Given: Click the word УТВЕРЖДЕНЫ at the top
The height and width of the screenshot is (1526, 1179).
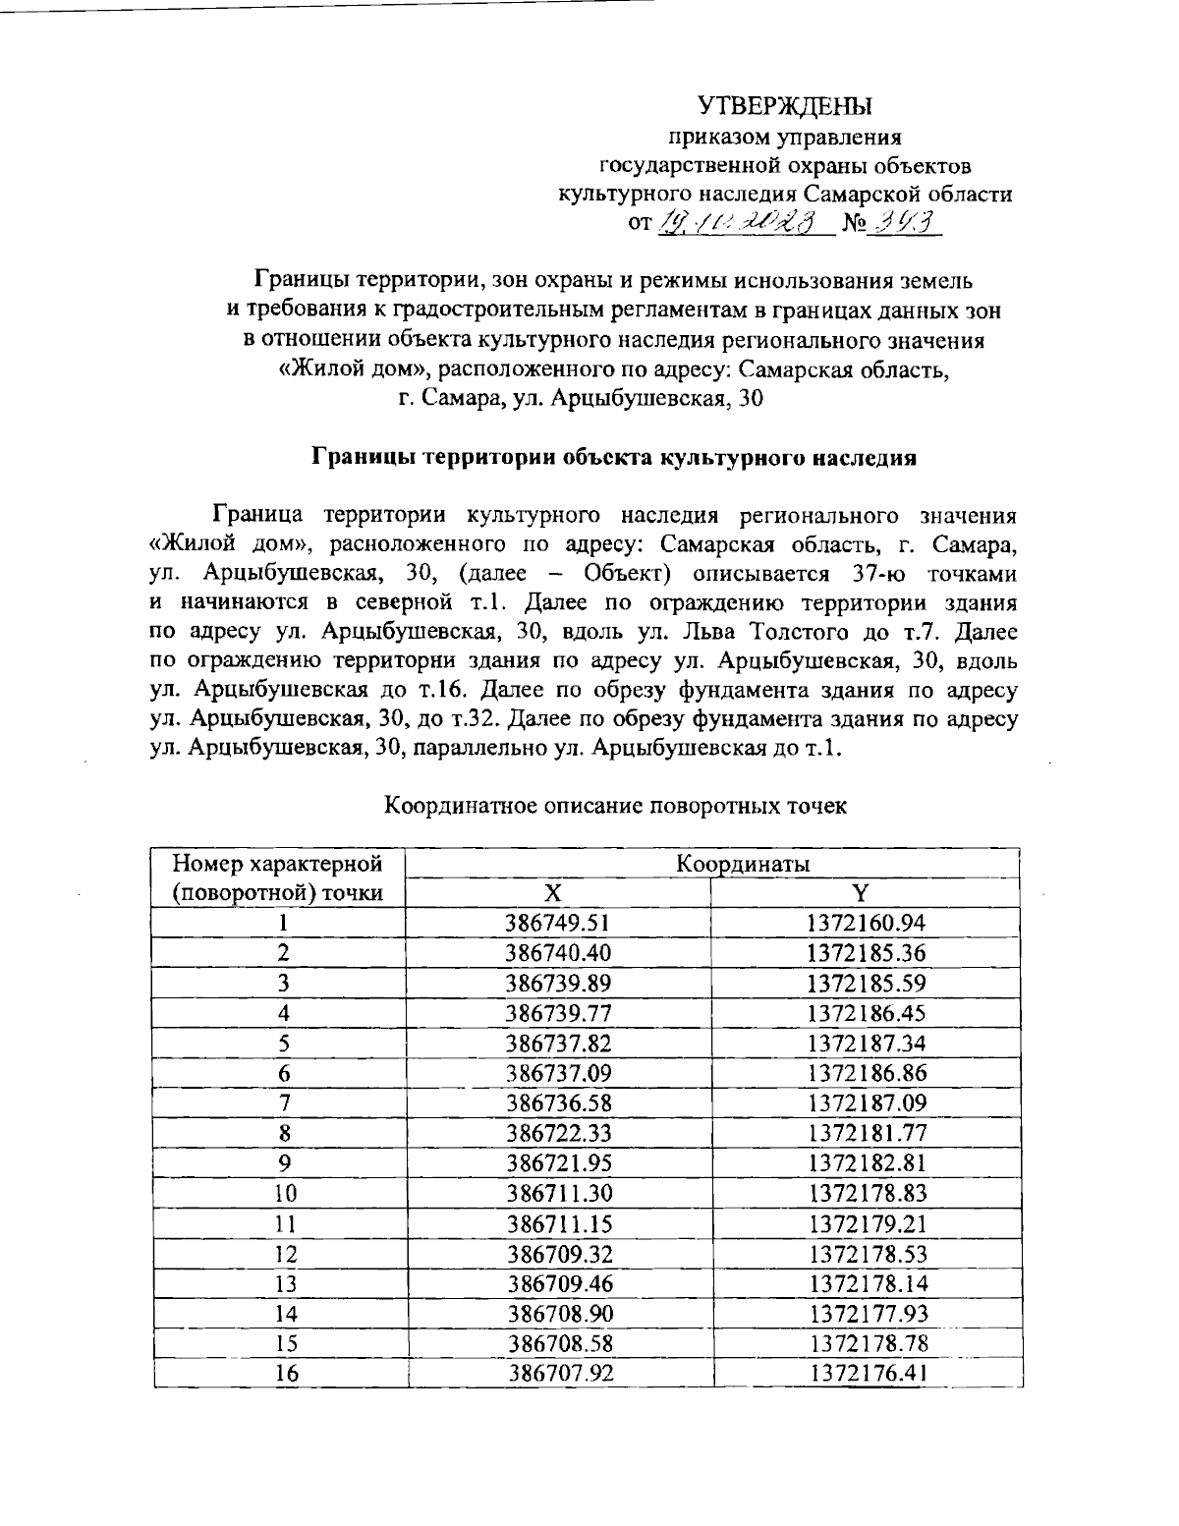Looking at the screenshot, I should click(785, 105).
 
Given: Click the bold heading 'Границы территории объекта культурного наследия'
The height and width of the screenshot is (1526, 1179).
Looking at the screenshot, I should click(614, 457).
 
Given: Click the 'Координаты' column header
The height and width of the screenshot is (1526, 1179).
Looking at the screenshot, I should click(743, 864).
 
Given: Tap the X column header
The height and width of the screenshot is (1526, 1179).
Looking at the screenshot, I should click(554, 892).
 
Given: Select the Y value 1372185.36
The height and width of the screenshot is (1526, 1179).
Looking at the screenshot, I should click(866, 953).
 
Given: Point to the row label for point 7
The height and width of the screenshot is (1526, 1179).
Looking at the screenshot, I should click(285, 1102).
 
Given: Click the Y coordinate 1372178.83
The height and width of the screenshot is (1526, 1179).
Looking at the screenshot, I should click(866, 1193).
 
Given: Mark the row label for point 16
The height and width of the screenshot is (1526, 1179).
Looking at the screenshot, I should click(286, 1374).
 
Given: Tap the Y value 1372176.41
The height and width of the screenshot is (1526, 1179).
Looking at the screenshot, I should click(866, 1374).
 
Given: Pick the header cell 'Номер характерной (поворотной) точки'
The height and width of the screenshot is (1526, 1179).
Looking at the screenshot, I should click(277, 878).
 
